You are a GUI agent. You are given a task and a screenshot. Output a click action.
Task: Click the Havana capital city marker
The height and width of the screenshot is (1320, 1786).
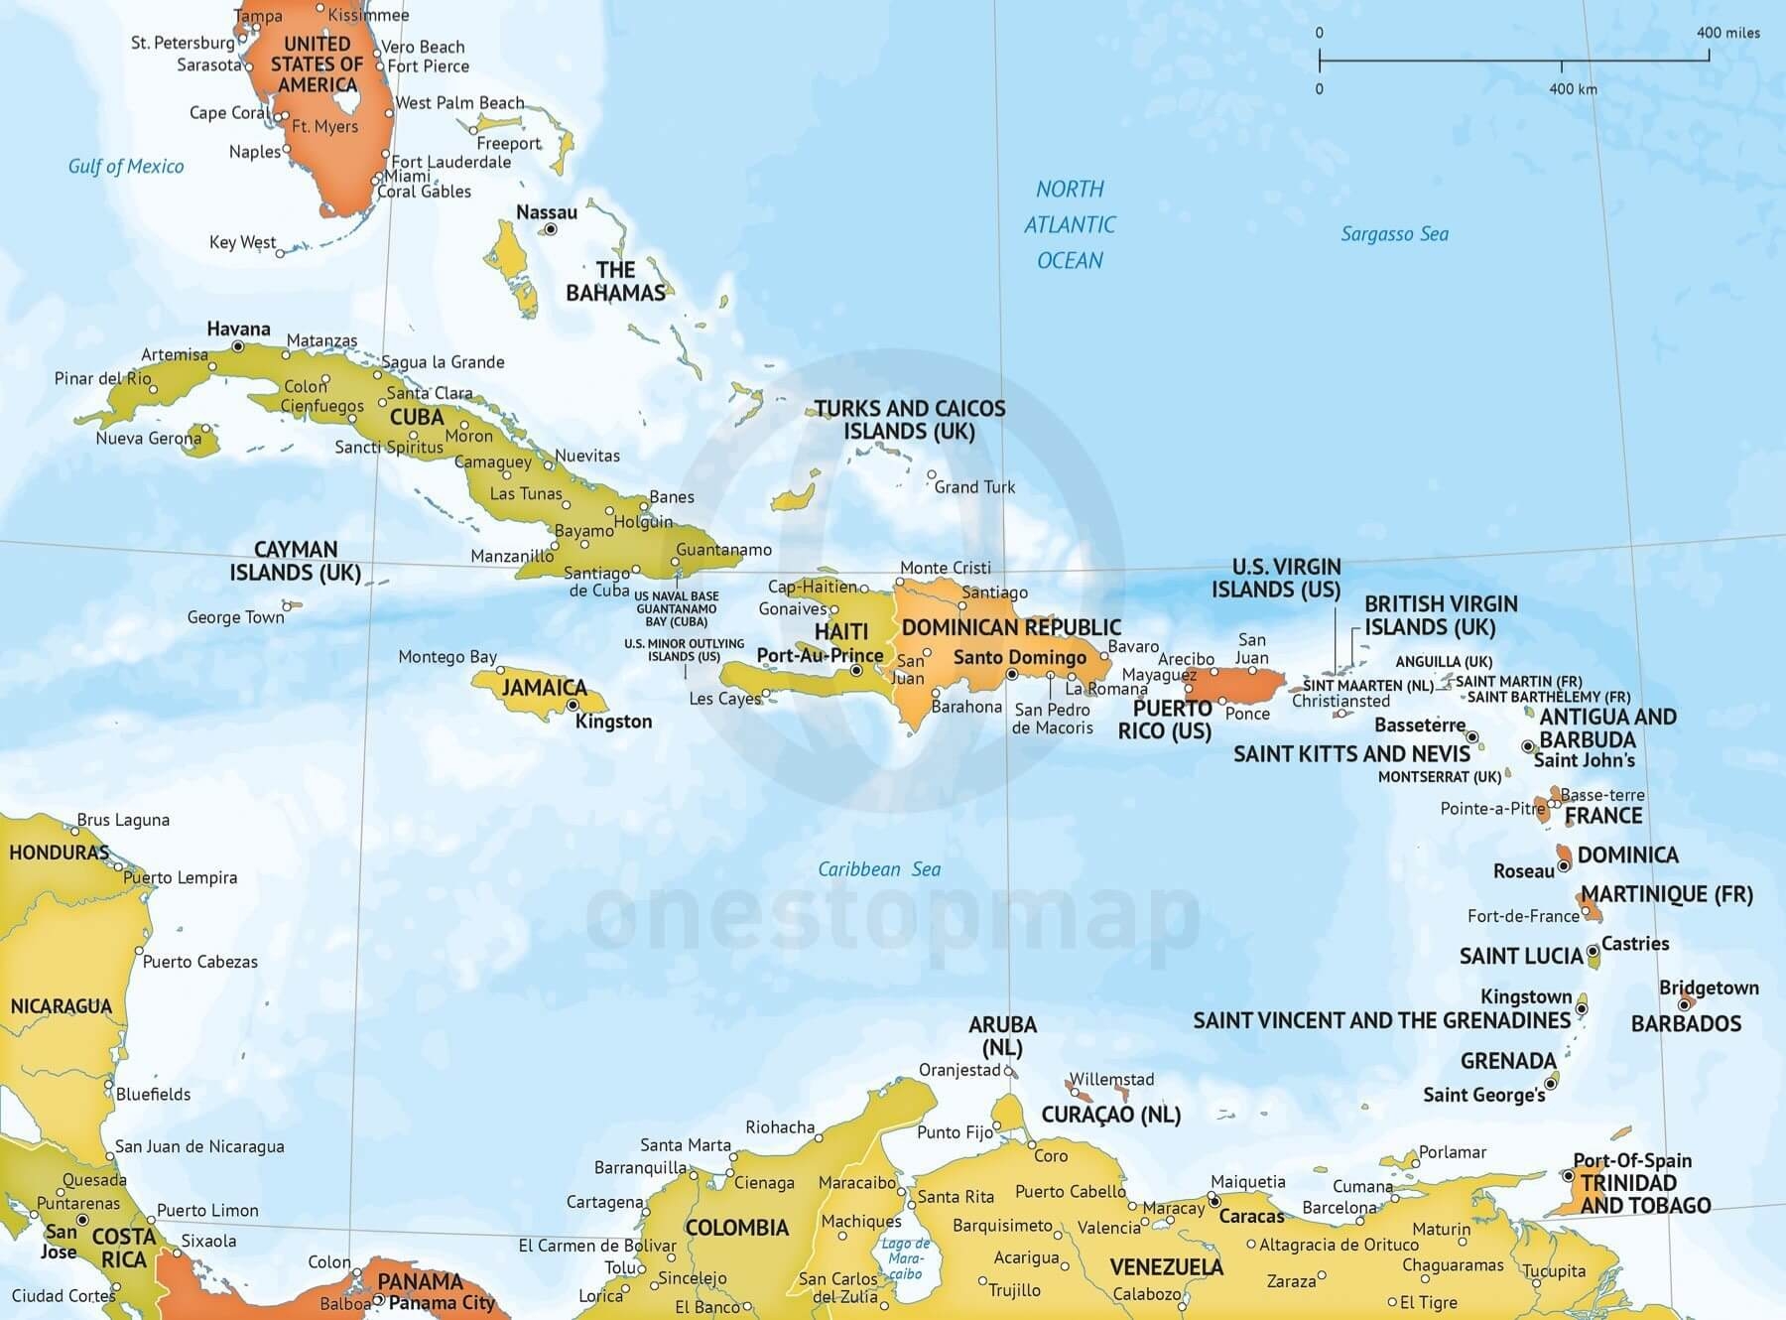coord(238,346)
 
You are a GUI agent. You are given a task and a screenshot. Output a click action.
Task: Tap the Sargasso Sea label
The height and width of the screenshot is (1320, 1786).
coord(1394,234)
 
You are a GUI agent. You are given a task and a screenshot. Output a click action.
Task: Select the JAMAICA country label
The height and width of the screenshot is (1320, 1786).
coord(544,688)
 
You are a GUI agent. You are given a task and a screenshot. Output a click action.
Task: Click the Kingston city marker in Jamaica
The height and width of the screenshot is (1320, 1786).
coord(573,706)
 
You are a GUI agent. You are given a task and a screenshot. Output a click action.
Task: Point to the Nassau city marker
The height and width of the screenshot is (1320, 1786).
coord(551,229)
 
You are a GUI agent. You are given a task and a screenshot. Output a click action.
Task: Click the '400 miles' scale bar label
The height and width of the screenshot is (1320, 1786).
coord(1727,33)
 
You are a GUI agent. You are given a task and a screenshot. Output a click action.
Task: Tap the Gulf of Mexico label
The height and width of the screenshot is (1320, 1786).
coord(126,167)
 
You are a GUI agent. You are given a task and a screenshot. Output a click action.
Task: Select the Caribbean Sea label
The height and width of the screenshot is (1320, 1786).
coord(879,869)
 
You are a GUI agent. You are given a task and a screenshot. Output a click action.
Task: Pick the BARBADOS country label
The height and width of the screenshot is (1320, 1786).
coord(1686,1023)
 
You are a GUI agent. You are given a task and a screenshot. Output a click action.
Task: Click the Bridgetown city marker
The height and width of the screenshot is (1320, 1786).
coord(1684,1005)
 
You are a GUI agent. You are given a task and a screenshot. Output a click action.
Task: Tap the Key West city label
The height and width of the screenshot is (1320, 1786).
coord(242,242)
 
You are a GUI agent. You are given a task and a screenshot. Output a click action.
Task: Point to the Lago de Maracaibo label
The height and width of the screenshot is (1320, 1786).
coord(905,1257)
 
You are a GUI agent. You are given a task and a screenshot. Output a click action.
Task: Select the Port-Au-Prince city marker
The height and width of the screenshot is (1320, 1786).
coord(856,672)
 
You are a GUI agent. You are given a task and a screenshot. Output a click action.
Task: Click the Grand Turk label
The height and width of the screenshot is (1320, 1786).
coord(974,487)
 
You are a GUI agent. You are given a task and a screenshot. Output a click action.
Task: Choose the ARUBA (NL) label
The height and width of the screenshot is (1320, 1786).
coord(1002,1035)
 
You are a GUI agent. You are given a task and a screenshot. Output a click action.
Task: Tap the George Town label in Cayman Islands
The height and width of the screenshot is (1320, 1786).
coord(235,617)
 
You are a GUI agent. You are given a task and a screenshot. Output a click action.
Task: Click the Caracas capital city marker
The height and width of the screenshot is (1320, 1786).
coord(1213,1201)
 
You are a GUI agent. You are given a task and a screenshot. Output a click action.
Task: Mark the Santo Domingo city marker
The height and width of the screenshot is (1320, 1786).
coord(1011,675)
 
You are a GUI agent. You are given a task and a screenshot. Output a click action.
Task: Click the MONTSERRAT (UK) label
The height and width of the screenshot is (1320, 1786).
coord(1439,777)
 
